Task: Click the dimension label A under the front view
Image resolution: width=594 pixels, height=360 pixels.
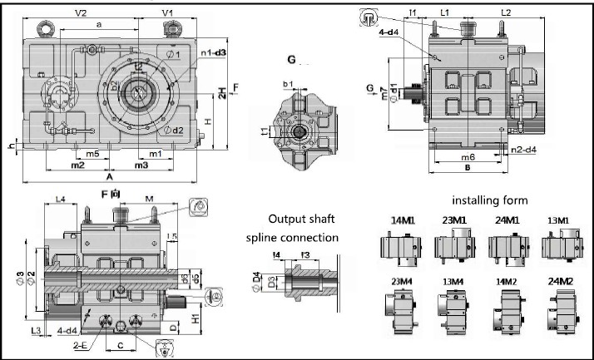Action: coord(110,177)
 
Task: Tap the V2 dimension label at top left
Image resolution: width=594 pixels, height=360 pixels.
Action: coord(82,14)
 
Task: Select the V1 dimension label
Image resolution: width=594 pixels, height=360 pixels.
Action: coord(166,14)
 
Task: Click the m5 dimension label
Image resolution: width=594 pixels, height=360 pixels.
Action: coord(93,154)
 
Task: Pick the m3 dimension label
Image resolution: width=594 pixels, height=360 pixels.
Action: coord(141,165)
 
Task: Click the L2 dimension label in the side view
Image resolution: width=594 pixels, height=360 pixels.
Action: coord(506,12)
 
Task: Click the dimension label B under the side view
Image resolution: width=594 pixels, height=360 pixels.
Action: coord(467,167)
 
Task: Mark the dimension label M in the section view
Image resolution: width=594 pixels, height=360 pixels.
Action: coord(148,198)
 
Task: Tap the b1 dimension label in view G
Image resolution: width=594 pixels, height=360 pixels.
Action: coord(288,84)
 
